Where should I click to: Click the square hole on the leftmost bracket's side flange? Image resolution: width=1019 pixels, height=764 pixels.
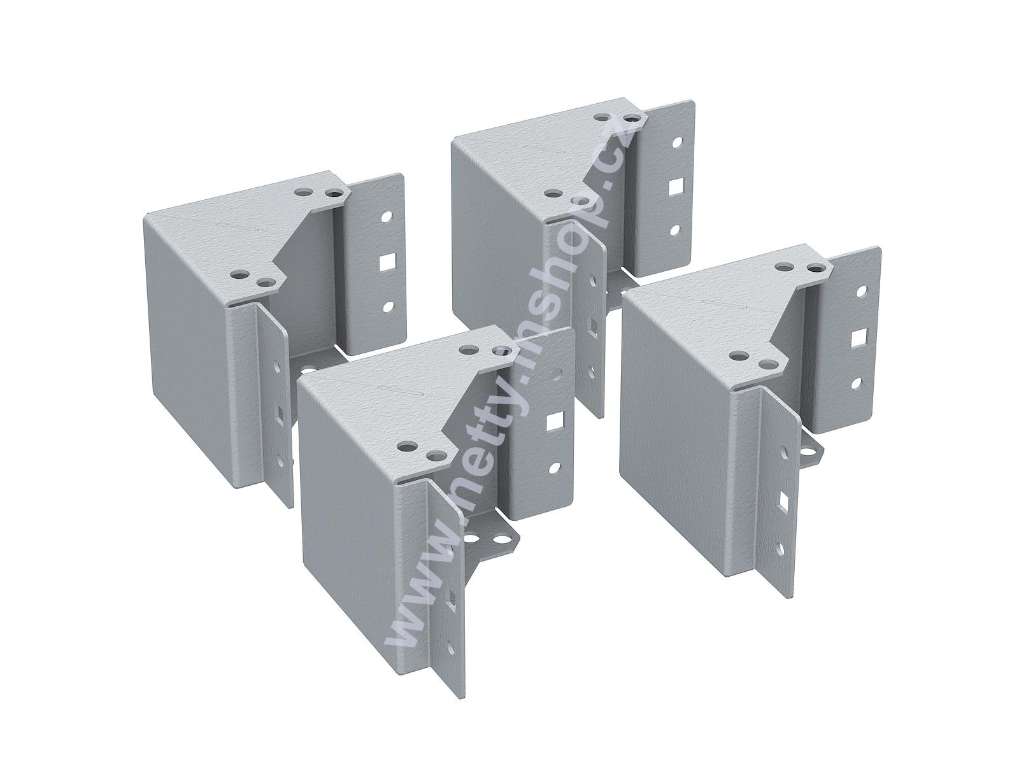pos(386,262)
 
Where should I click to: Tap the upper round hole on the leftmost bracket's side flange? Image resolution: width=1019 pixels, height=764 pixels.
pos(386,216)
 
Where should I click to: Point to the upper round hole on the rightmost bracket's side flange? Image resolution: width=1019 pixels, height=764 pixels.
pos(861,292)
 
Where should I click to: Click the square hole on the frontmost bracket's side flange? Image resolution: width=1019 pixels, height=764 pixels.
pos(553,421)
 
